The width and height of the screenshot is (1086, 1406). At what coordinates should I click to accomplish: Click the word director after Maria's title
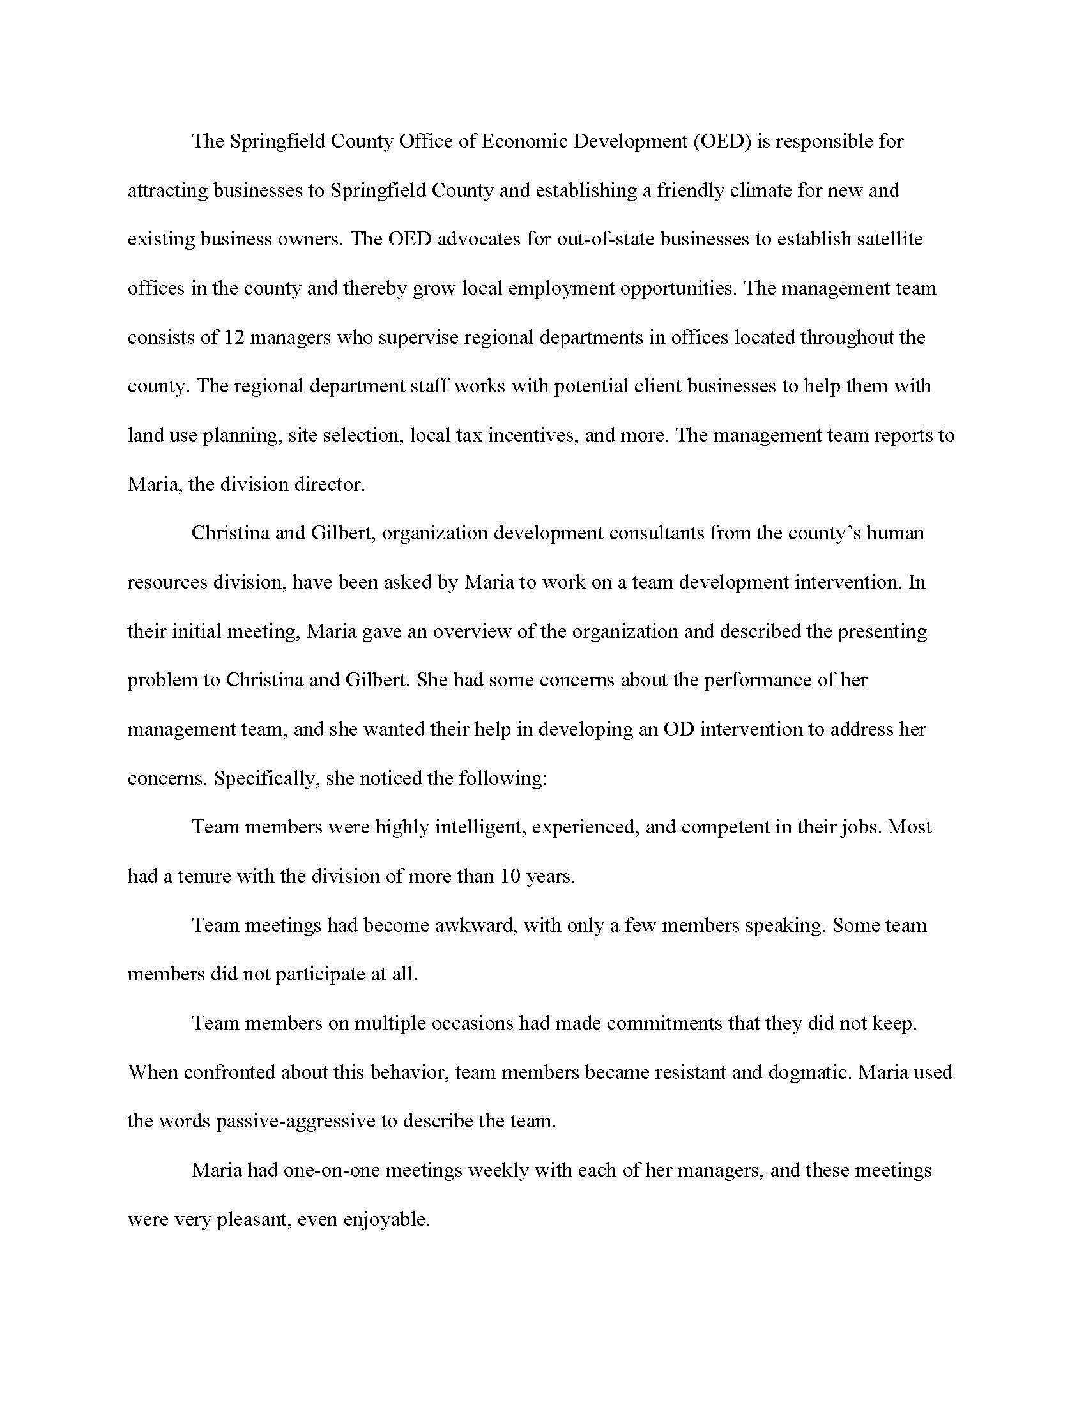(x=330, y=484)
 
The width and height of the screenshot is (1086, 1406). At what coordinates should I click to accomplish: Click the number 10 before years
(x=510, y=876)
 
